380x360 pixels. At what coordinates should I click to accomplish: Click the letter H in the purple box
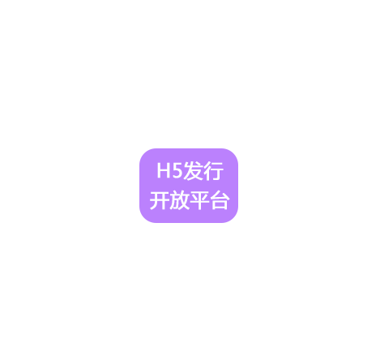pos(164,170)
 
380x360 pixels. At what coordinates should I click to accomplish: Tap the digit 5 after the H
pos(177,170)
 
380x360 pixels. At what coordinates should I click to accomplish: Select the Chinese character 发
pos(193,171)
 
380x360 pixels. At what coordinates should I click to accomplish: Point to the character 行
pos(213,171)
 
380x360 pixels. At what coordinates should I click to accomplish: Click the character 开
pos(160,200)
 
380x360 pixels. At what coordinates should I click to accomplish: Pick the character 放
pos(180,200)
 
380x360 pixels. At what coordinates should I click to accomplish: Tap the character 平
pos(199,200)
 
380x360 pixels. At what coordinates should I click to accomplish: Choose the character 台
pos(220,200)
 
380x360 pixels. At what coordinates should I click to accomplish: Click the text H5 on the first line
pos(169,170)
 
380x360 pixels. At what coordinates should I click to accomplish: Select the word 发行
pos(203,171)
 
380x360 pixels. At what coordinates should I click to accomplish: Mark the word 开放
pos(169,200)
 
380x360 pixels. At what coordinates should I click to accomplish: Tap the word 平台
pos(210,200)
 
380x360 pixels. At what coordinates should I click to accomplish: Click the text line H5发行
pos(190,171)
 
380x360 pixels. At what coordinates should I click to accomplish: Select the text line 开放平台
pos(190,200)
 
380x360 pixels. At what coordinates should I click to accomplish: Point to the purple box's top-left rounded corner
pos(143,152)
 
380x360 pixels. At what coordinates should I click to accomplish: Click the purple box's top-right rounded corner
pos(234,152)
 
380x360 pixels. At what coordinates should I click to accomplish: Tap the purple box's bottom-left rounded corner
pos(143,219)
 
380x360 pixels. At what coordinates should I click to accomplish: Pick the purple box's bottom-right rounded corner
pos(234,219)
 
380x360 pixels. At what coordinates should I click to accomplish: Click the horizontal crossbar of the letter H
pos(164,170)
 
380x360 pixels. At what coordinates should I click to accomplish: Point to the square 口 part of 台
pos(220,205)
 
